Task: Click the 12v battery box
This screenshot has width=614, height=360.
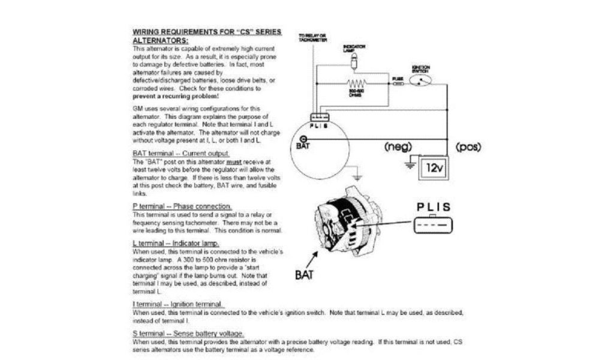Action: click(x=434, y=167)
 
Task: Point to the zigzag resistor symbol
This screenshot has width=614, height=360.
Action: click(x=356, y=84)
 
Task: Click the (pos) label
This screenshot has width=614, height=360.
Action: click(x=468, y=146)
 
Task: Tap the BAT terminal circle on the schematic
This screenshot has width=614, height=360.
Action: click(x=302, y=140)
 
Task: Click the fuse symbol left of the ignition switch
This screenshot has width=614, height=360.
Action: click(x=398, y=85)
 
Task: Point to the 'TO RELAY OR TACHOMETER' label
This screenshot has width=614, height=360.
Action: click(x=313, y=38)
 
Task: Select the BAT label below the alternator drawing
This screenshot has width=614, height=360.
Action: click(x=304, y=275)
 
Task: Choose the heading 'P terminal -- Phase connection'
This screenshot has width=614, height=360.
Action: click(x=173, y=206)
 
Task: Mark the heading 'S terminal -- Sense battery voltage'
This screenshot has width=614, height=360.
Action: click(x=188, y=333)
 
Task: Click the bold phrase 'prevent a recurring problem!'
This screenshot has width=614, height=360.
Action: click(x=175, y=96)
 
